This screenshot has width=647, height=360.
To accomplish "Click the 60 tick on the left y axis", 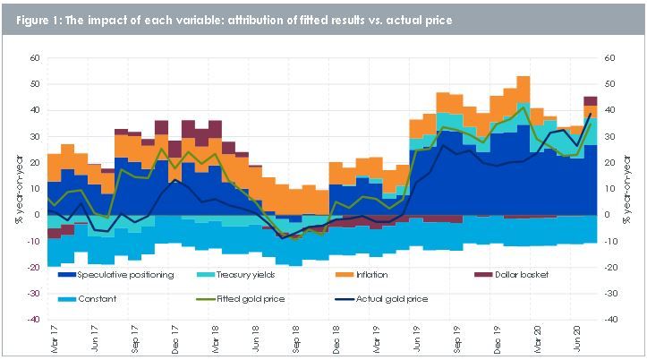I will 37,58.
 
